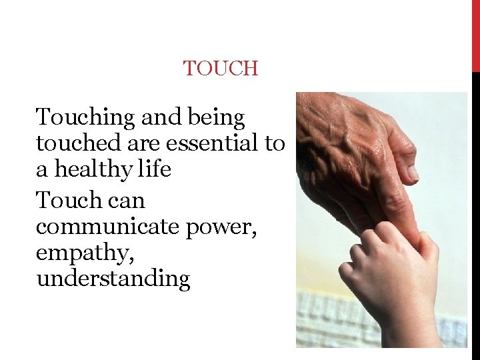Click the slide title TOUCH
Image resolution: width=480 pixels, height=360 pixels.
click(221, 68)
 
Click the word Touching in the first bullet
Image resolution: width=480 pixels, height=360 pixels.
click(85, 118)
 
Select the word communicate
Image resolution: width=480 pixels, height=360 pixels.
click(106, 227)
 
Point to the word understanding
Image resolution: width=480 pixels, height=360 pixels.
click(113, 279)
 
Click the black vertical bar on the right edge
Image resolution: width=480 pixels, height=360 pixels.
click(475, 213)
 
